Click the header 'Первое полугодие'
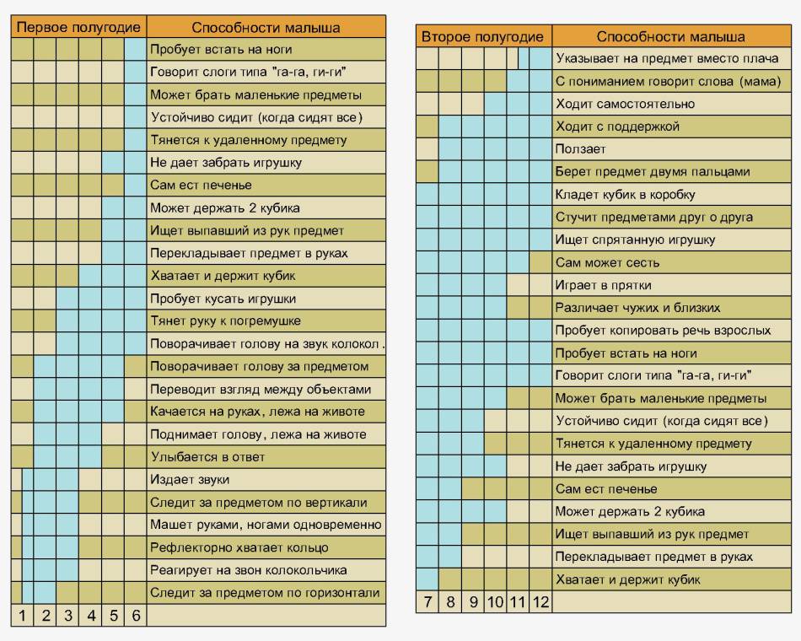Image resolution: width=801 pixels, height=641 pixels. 78,27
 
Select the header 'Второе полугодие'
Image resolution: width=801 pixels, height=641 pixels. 482,36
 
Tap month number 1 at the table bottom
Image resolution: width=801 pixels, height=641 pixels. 22,615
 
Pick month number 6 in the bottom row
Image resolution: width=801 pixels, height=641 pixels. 136,615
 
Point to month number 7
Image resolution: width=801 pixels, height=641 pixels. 427,601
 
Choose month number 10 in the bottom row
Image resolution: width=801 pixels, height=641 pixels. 495,601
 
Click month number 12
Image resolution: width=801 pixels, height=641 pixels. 540,601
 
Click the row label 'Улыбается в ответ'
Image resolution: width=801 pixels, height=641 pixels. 207,456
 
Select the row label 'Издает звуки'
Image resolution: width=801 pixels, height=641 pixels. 190,479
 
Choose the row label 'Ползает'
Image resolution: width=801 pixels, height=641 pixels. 580,148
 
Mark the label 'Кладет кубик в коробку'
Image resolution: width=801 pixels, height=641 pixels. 625,194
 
